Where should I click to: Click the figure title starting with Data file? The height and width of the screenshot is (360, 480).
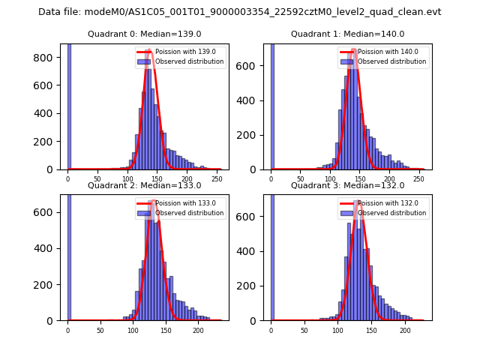tap(239, 12)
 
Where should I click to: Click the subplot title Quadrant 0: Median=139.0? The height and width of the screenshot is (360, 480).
tap(143, 34)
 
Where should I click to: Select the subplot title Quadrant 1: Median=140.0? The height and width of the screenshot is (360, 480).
tap(347, 34)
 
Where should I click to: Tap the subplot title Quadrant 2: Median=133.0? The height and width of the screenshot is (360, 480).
tap(143, 185)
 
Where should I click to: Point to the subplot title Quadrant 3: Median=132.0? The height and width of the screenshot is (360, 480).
tap(347, 185)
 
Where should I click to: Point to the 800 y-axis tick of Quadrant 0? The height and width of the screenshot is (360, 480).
tap(47, 58)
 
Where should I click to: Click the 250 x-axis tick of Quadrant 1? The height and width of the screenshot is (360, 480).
tap(418, 180)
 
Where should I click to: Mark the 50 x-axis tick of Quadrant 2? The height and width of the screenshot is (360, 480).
tap(100, 331)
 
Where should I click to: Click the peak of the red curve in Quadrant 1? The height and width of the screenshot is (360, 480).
tap(353, 50)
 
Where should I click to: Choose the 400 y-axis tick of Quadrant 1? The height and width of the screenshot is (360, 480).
tap(251, 100)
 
